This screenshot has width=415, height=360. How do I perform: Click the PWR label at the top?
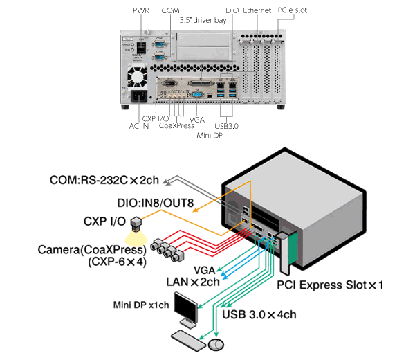click(140, 11)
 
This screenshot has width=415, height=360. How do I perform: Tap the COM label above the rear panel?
click(169, 11)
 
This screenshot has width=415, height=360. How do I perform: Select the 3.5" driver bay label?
click(203, 21)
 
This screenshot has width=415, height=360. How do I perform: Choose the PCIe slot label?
click(292, 11)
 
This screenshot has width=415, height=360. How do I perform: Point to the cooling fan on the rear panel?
click(136, 71)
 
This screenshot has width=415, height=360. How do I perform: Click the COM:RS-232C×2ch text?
click(104, 181)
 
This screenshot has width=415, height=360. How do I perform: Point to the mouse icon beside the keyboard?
click(216, 344)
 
